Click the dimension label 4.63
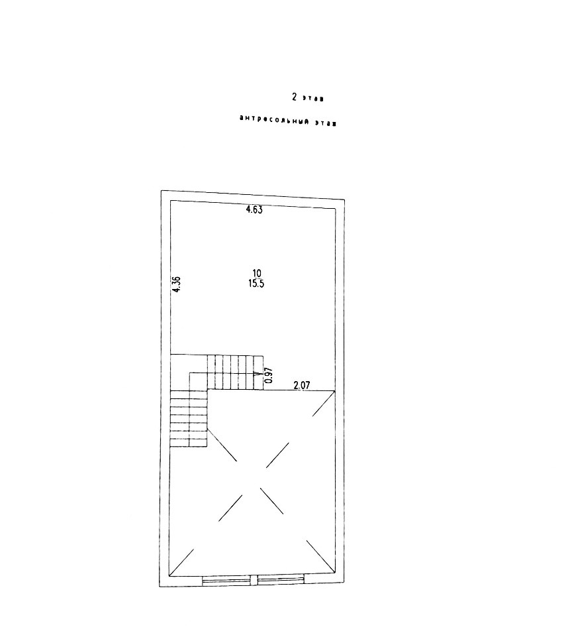click(x=254, y=210)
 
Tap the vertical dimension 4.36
click(x=176, y=284)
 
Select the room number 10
click(x=257, y=272)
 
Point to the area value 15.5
click(x=257, y=283)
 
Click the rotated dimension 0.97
click(x=268, y=376)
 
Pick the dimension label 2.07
click(x=302, y=384)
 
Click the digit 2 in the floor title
click(x=294, y=97)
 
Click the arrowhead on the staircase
click(x=256, y=374)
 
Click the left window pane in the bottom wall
click(x=227, y=581)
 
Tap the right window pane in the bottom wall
click(x=281, y=581)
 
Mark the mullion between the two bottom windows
click(x=254, y=581)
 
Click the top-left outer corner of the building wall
click(x=162, y=192)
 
